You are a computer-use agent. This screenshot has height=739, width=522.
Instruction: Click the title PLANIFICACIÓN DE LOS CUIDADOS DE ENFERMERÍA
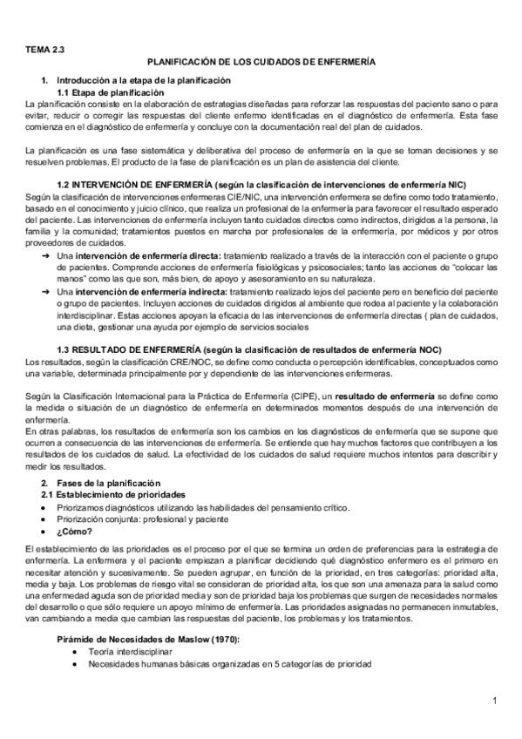[261, 64]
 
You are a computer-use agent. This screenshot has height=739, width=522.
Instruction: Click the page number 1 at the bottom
[493, 701]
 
